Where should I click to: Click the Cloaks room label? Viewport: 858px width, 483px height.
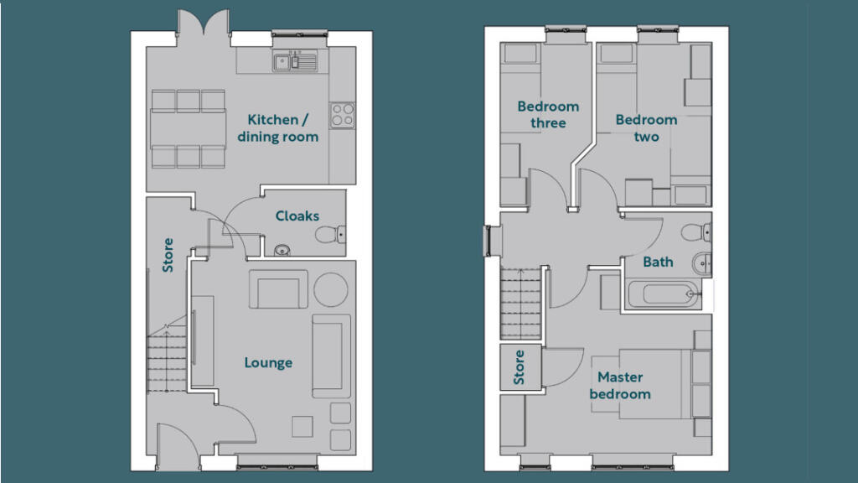(x=297, y=216)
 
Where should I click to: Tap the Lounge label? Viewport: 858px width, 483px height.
(x=268, y=362)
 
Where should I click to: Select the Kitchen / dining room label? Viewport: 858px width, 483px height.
(x=278, y=128)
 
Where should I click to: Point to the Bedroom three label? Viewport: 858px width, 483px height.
(x=548, y=114)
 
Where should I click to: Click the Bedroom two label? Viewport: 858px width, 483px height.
(x=646, y=128)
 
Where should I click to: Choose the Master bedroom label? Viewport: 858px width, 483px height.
(x=620, y=386)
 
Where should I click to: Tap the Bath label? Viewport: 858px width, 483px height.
(x=658, y=262)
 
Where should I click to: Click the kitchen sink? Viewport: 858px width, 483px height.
(x=295, y=62)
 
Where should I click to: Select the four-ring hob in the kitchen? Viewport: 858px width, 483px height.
(x=342, y=116)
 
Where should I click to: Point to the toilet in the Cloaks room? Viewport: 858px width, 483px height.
(x=330, y=235)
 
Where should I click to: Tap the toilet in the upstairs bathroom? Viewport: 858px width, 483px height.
(x=696, y=232)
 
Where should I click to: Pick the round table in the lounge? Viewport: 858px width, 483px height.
(x=330, y=289)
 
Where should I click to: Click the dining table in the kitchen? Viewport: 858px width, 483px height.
(x=189, y=128)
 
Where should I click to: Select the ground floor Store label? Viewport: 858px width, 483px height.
(x=168, y=255)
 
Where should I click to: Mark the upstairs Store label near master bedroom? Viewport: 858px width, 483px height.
(x=519, y=367)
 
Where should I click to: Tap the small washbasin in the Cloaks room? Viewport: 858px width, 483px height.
(x=282, y=250)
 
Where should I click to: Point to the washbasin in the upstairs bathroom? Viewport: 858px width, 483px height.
(x=702, y=264)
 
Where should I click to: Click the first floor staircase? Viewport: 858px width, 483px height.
(x=520, y=303)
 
